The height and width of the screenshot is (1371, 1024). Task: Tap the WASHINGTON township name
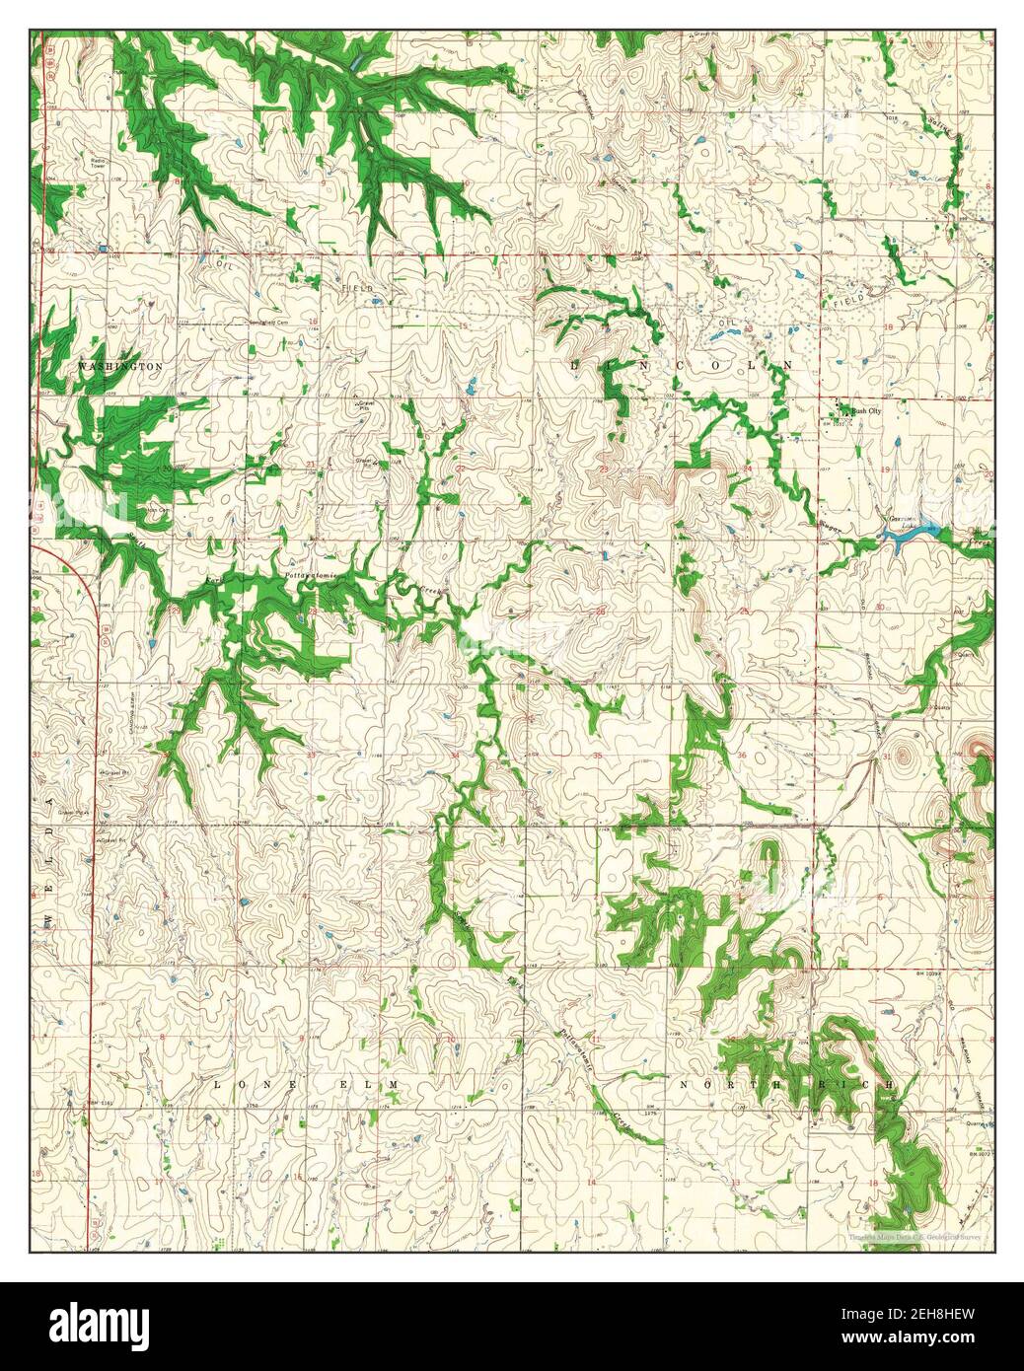click(x=119, y=366)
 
